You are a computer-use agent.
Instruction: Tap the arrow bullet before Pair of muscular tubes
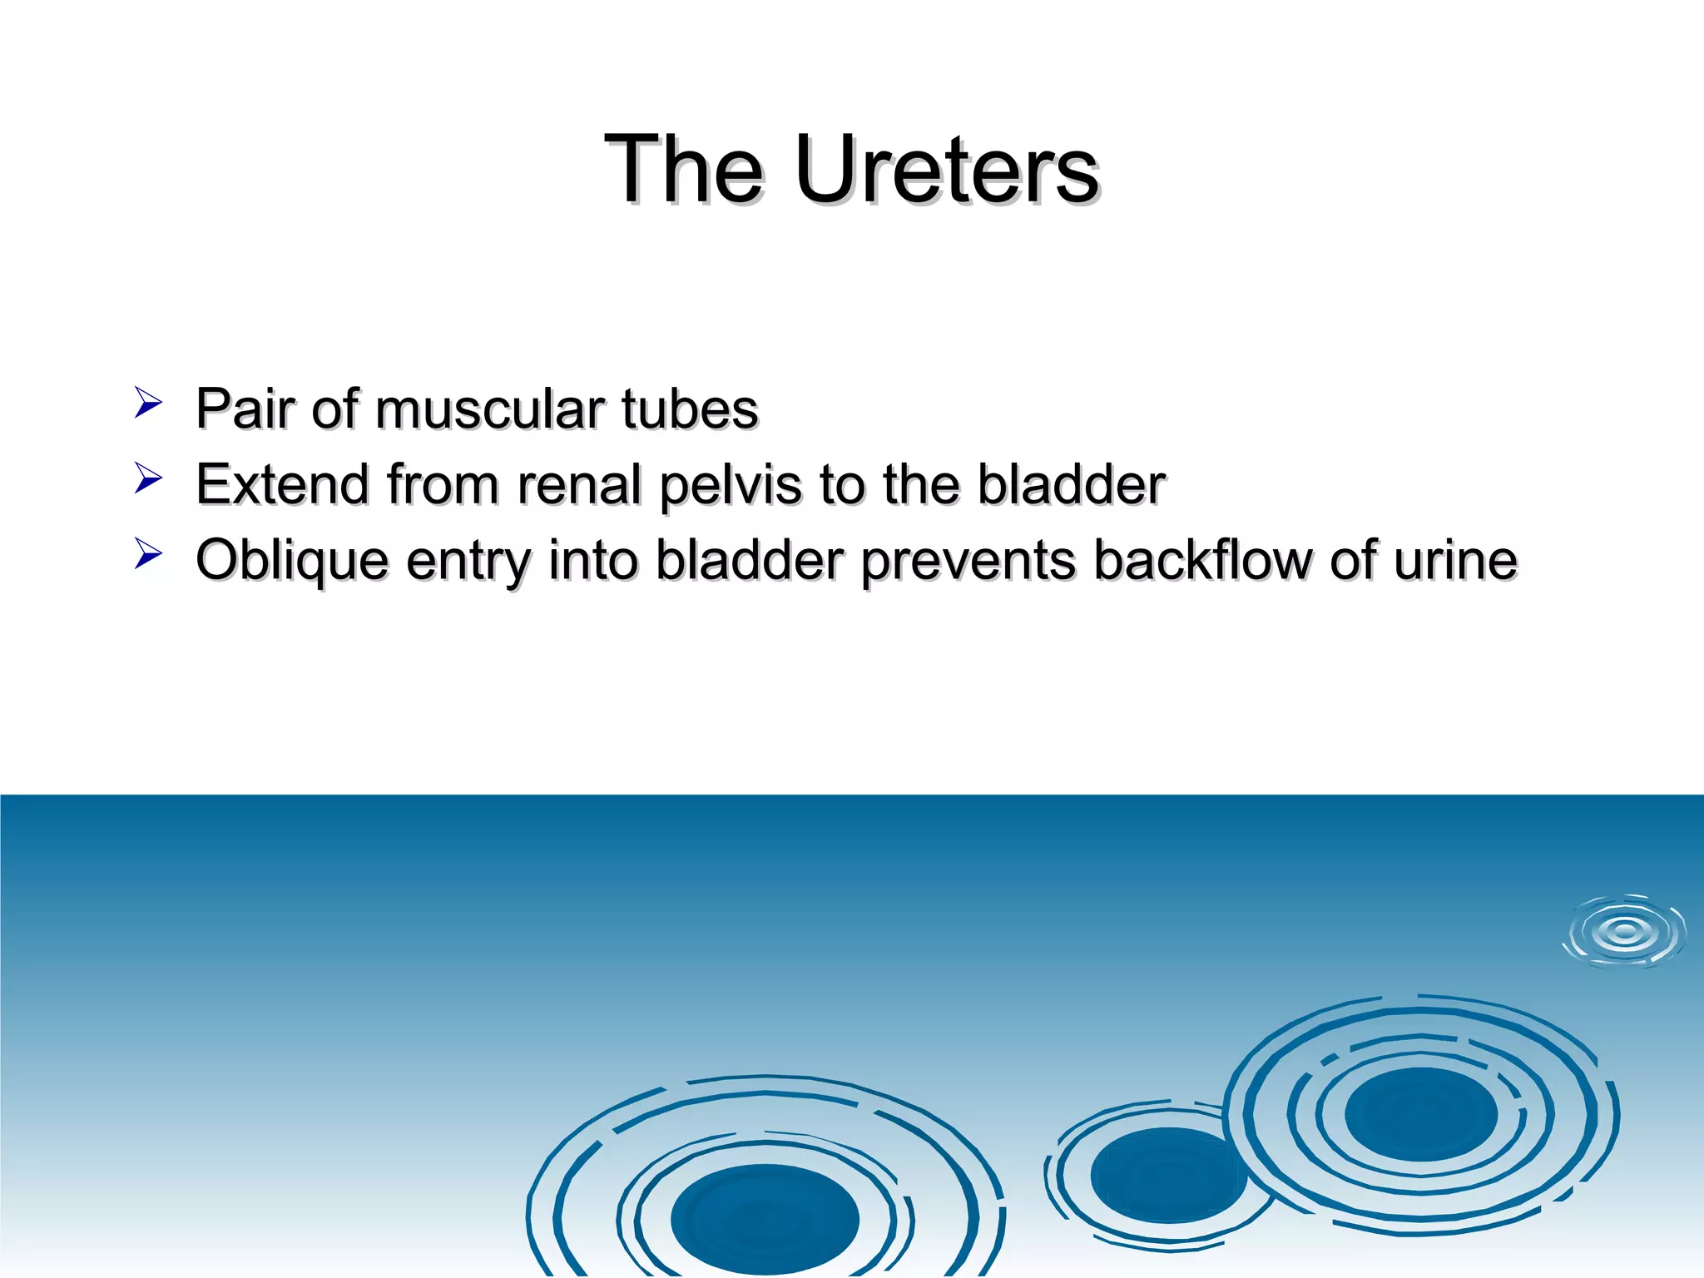(147, 403)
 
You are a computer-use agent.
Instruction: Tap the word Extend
(282, 485)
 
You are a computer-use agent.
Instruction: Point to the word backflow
(1201, 560)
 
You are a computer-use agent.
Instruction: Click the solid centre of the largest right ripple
(1420, 1114)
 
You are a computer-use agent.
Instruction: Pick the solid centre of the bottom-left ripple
(765, 1219)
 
